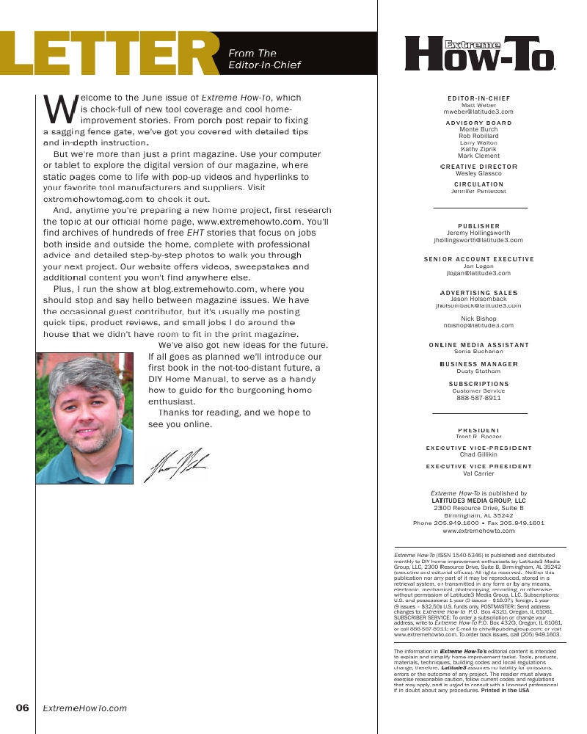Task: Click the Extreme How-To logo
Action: click(x=480, y=54)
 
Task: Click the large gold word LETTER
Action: click(x=110, y=54)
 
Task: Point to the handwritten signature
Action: click(x=179, y=464)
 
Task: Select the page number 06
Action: click(x=22, y=708)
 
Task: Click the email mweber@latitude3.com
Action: click(x=479, y=112)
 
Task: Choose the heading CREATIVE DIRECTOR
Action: click(x=479, y=167)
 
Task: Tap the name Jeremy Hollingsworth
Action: click(x=478, y=233)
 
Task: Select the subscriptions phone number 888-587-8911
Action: click(x=478, y=398)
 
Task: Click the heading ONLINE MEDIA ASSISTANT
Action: click(x=478, y=345)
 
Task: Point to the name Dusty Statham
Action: click(x=478, y=371)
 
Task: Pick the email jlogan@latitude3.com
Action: click(x=478, y=273)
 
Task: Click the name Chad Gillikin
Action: click(x=478, y=454)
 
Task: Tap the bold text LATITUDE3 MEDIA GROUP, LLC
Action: click(x=478, y=501)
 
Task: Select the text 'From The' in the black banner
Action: click(x=252, y=54)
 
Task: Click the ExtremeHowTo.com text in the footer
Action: click(x=85, y=708)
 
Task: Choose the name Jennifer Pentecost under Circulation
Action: click(x=478, y=191)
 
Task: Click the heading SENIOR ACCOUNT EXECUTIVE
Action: click(x=478, y=259)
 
